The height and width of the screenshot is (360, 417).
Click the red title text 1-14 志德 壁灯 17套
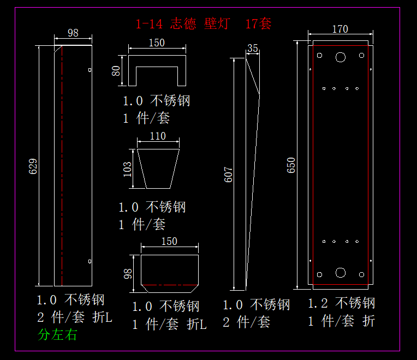click(203, 23)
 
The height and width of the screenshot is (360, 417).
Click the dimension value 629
click(32, 166)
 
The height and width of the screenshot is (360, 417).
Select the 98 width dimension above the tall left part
click(73, 33)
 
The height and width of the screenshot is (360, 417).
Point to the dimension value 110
click(157, 136)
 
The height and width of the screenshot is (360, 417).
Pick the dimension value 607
click(229, 175)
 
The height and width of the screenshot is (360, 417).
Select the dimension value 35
click(252, 48)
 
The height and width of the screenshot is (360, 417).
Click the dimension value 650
click(291, 165)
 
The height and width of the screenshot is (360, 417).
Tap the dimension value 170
click(339, 29)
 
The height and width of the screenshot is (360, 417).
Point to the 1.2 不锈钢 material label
click(341, 303)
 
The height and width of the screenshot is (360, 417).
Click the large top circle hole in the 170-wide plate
click(341, 56)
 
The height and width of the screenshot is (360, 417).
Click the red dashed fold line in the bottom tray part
click(169, 285)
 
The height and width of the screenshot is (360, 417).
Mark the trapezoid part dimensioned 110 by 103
click(158, 169)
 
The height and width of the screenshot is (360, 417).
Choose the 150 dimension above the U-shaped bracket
click(157, 43)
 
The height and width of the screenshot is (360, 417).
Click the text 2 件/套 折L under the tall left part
click(74, 317)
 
